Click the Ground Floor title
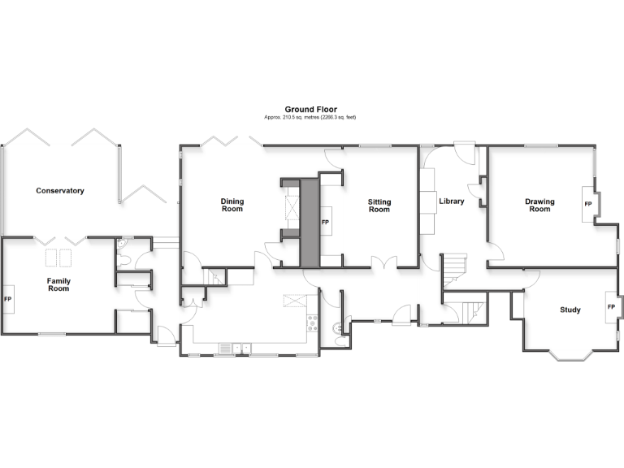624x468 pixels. click(x=310, y=109)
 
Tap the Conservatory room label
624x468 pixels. click(x=60, y=191)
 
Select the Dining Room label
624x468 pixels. click(x=232, y=205)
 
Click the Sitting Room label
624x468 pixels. click(x=379, y=205)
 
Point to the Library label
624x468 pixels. click(x=451, y=201)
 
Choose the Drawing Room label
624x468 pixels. click(x=539, y=205)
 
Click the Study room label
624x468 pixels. click(x=570, y=310)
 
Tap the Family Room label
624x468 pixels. click(x=58, y=285)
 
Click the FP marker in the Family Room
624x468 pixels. click(x=8, y=299)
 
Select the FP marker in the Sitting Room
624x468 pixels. click(x=325, y=222)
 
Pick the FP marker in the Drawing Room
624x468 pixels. click(x=587, y=204)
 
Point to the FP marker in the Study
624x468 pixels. click(x=610, y=306)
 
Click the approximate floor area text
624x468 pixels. click(x=310, y=118)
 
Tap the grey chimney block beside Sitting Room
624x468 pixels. click(x=309, y=219)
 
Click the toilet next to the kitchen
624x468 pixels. click(x=337, y=330)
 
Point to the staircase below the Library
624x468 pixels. click(x=469, y=310)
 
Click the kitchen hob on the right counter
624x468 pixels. click(x=310, y=326)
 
